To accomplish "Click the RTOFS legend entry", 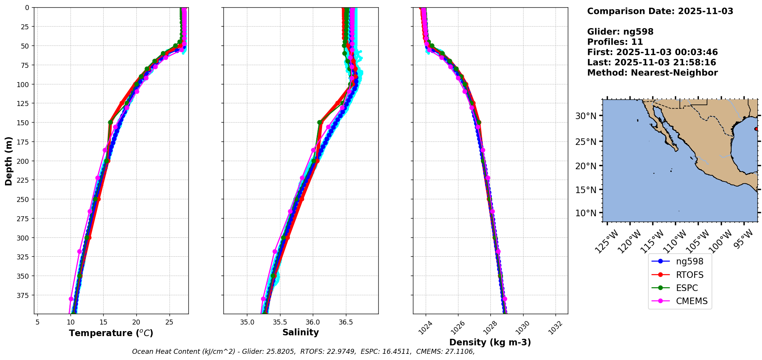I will click(x=689, y=275).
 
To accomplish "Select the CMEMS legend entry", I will click(x=692, y=301).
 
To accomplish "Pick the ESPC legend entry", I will click(x=686, y=288).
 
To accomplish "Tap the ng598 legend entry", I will click(x=689, y=261).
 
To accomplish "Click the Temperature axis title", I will click(x=111, y=333).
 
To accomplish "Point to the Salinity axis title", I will click(x=300, y=332).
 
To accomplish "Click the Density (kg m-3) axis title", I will click(x=490, y=342).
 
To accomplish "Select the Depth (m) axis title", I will click(x=8, y=161).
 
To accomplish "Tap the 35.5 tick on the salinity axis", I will click(x=280, y=322).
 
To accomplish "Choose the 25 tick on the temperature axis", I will click(x=169, y=322).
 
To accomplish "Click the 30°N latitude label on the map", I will click(x=586, y=116).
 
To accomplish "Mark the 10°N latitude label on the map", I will click(x=586, y=213).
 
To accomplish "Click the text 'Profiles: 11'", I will click(x=615, y=42).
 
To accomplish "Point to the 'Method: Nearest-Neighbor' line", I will click(x=652, y=73).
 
